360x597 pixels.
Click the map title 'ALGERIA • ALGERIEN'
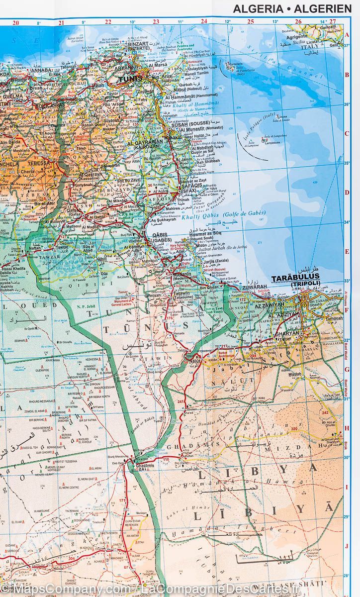[292, 8]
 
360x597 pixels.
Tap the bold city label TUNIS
[130, 78]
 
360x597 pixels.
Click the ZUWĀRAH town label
[255, 288]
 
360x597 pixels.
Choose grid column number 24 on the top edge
[204, 22]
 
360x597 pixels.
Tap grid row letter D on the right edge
[347, 192]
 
